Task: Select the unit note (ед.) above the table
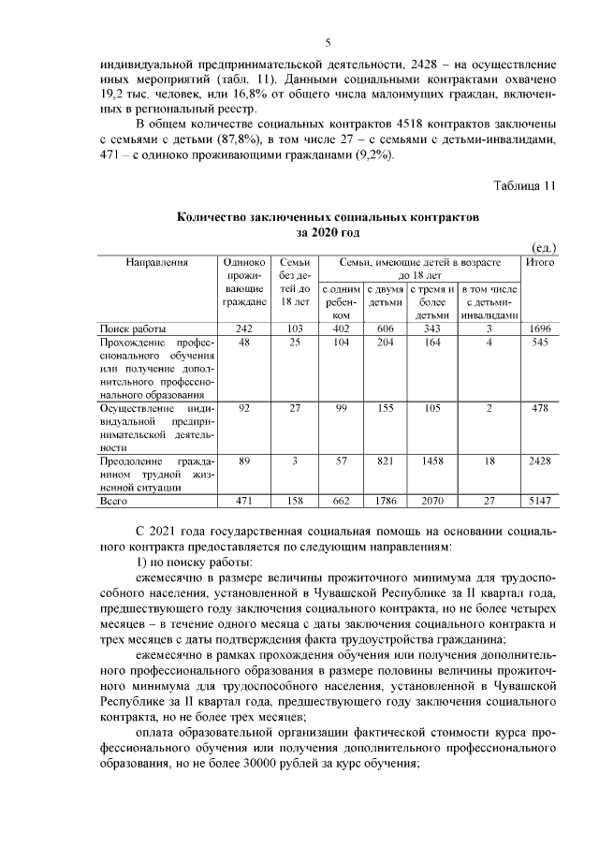(x=543, y=248)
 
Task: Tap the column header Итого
(x=541, y=263)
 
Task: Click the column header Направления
(x=157, y=263)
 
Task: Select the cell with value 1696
(x=541, y=329)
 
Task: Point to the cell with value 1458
(x=431, y=459)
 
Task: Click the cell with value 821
(x=385, y=459)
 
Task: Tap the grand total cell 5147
(x=541, y=502)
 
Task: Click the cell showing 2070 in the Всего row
(x=431, y=502)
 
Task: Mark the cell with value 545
(x=541, y=343)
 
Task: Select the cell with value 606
(x=385, y=329)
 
